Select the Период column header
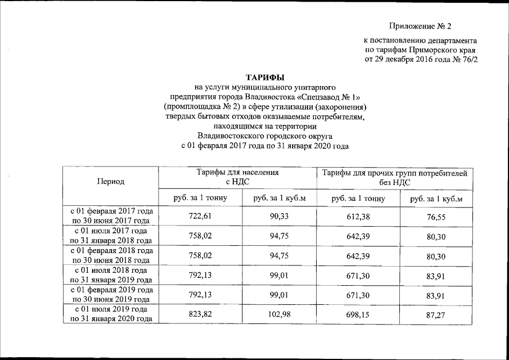(111, 181)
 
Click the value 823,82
(201, 315)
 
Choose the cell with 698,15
(358, 315)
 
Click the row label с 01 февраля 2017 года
(111, 211)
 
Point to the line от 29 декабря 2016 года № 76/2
(422, 59)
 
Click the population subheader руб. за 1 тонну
(201, 199)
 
